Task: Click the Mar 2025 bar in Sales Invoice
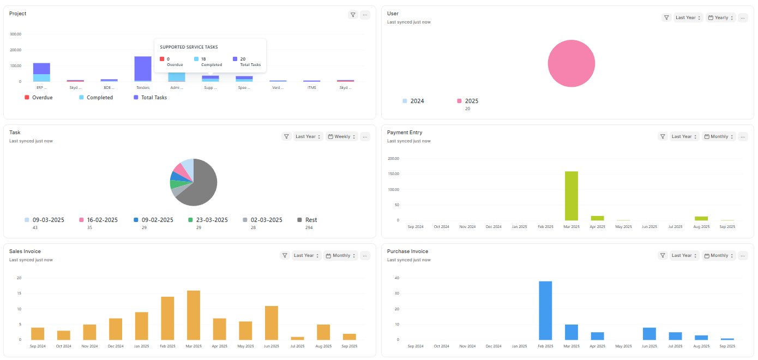194,315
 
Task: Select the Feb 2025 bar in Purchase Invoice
545,310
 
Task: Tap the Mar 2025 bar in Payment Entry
571,196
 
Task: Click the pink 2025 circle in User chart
571,63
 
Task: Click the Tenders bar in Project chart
143,69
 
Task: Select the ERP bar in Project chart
41,72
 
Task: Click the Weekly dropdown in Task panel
342,137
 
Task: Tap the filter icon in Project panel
353,15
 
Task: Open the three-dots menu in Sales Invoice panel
365,255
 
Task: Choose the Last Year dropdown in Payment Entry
684,137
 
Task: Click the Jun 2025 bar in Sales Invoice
272,323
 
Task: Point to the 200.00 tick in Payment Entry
393,159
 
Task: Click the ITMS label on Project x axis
312,87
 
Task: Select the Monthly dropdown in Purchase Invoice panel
719,255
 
